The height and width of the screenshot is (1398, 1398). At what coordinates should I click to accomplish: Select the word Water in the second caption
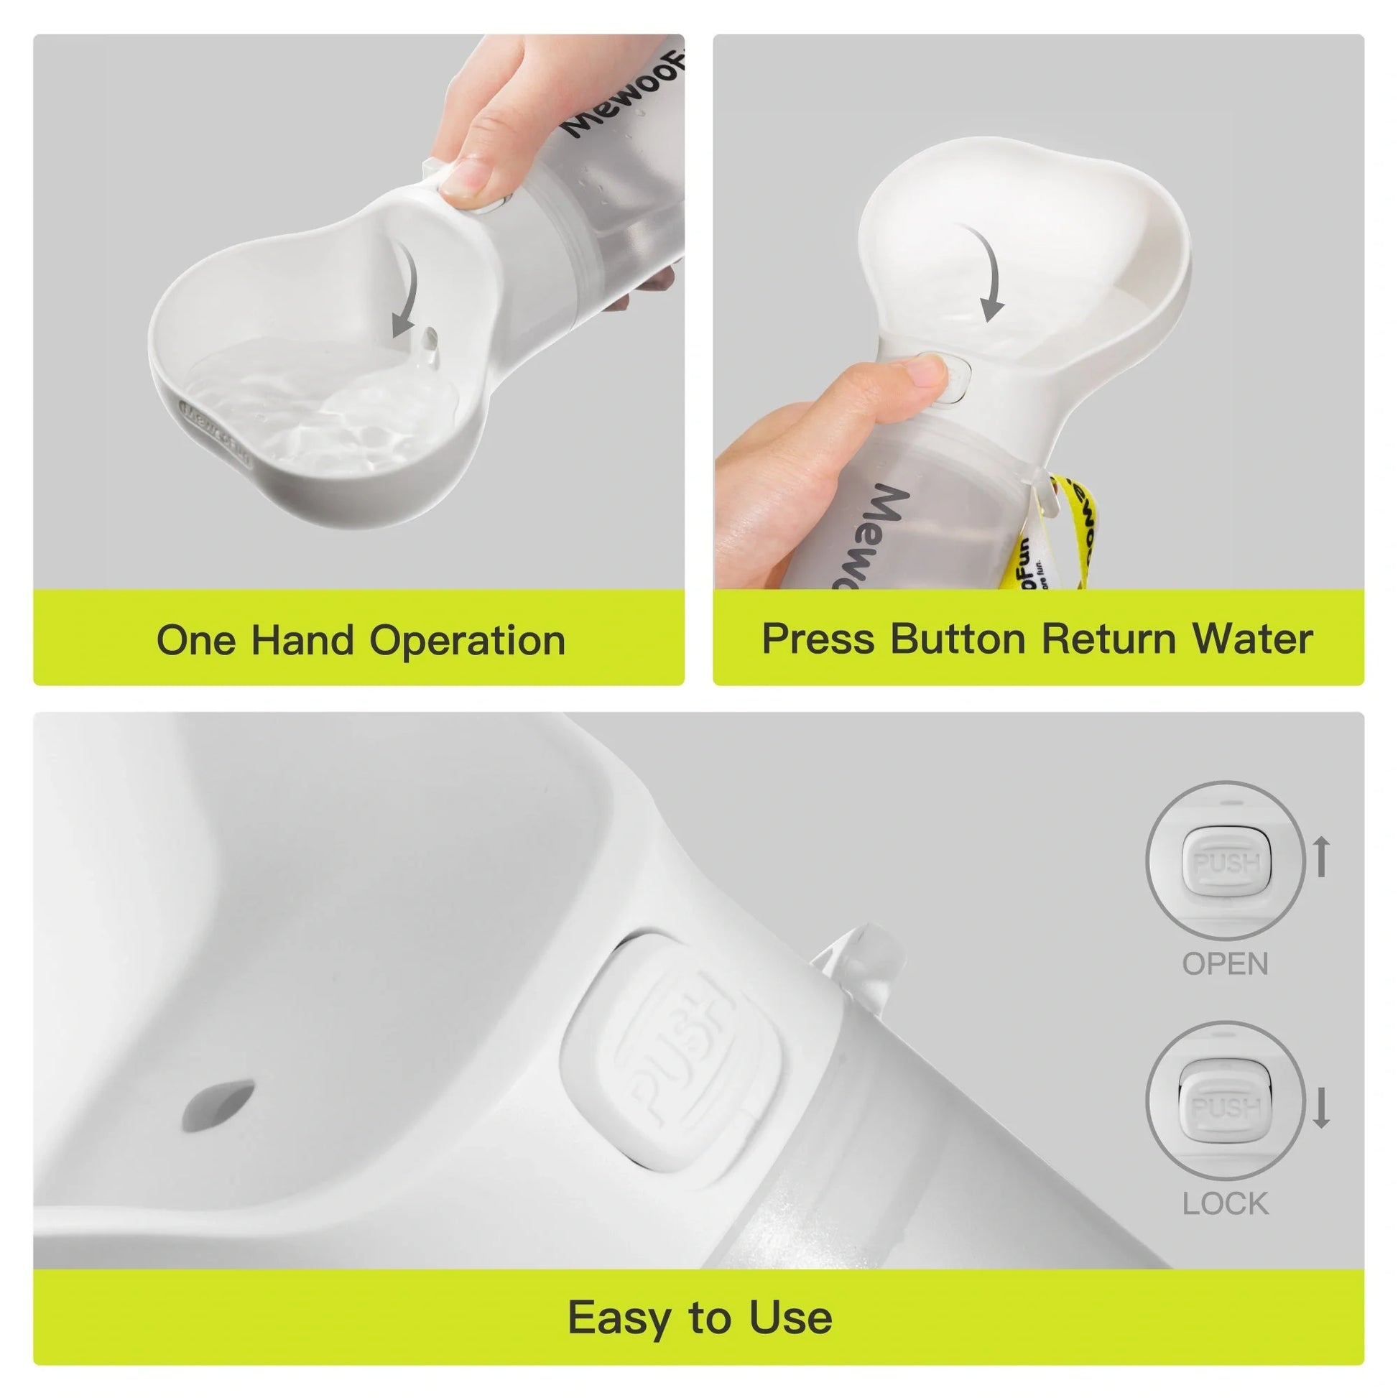(x=1252, y=639)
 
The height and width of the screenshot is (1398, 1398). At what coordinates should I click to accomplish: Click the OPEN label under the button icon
(x=1225, y=964)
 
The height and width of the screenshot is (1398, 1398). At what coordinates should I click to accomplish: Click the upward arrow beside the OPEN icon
(x=1322, y=856)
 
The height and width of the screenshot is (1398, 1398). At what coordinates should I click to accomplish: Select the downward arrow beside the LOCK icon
(x=1322, y=1108)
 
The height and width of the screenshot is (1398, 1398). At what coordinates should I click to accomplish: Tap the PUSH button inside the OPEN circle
(x=1226, y=864)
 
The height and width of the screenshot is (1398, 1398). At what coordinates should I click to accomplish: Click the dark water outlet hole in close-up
(x=218, y=1105)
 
